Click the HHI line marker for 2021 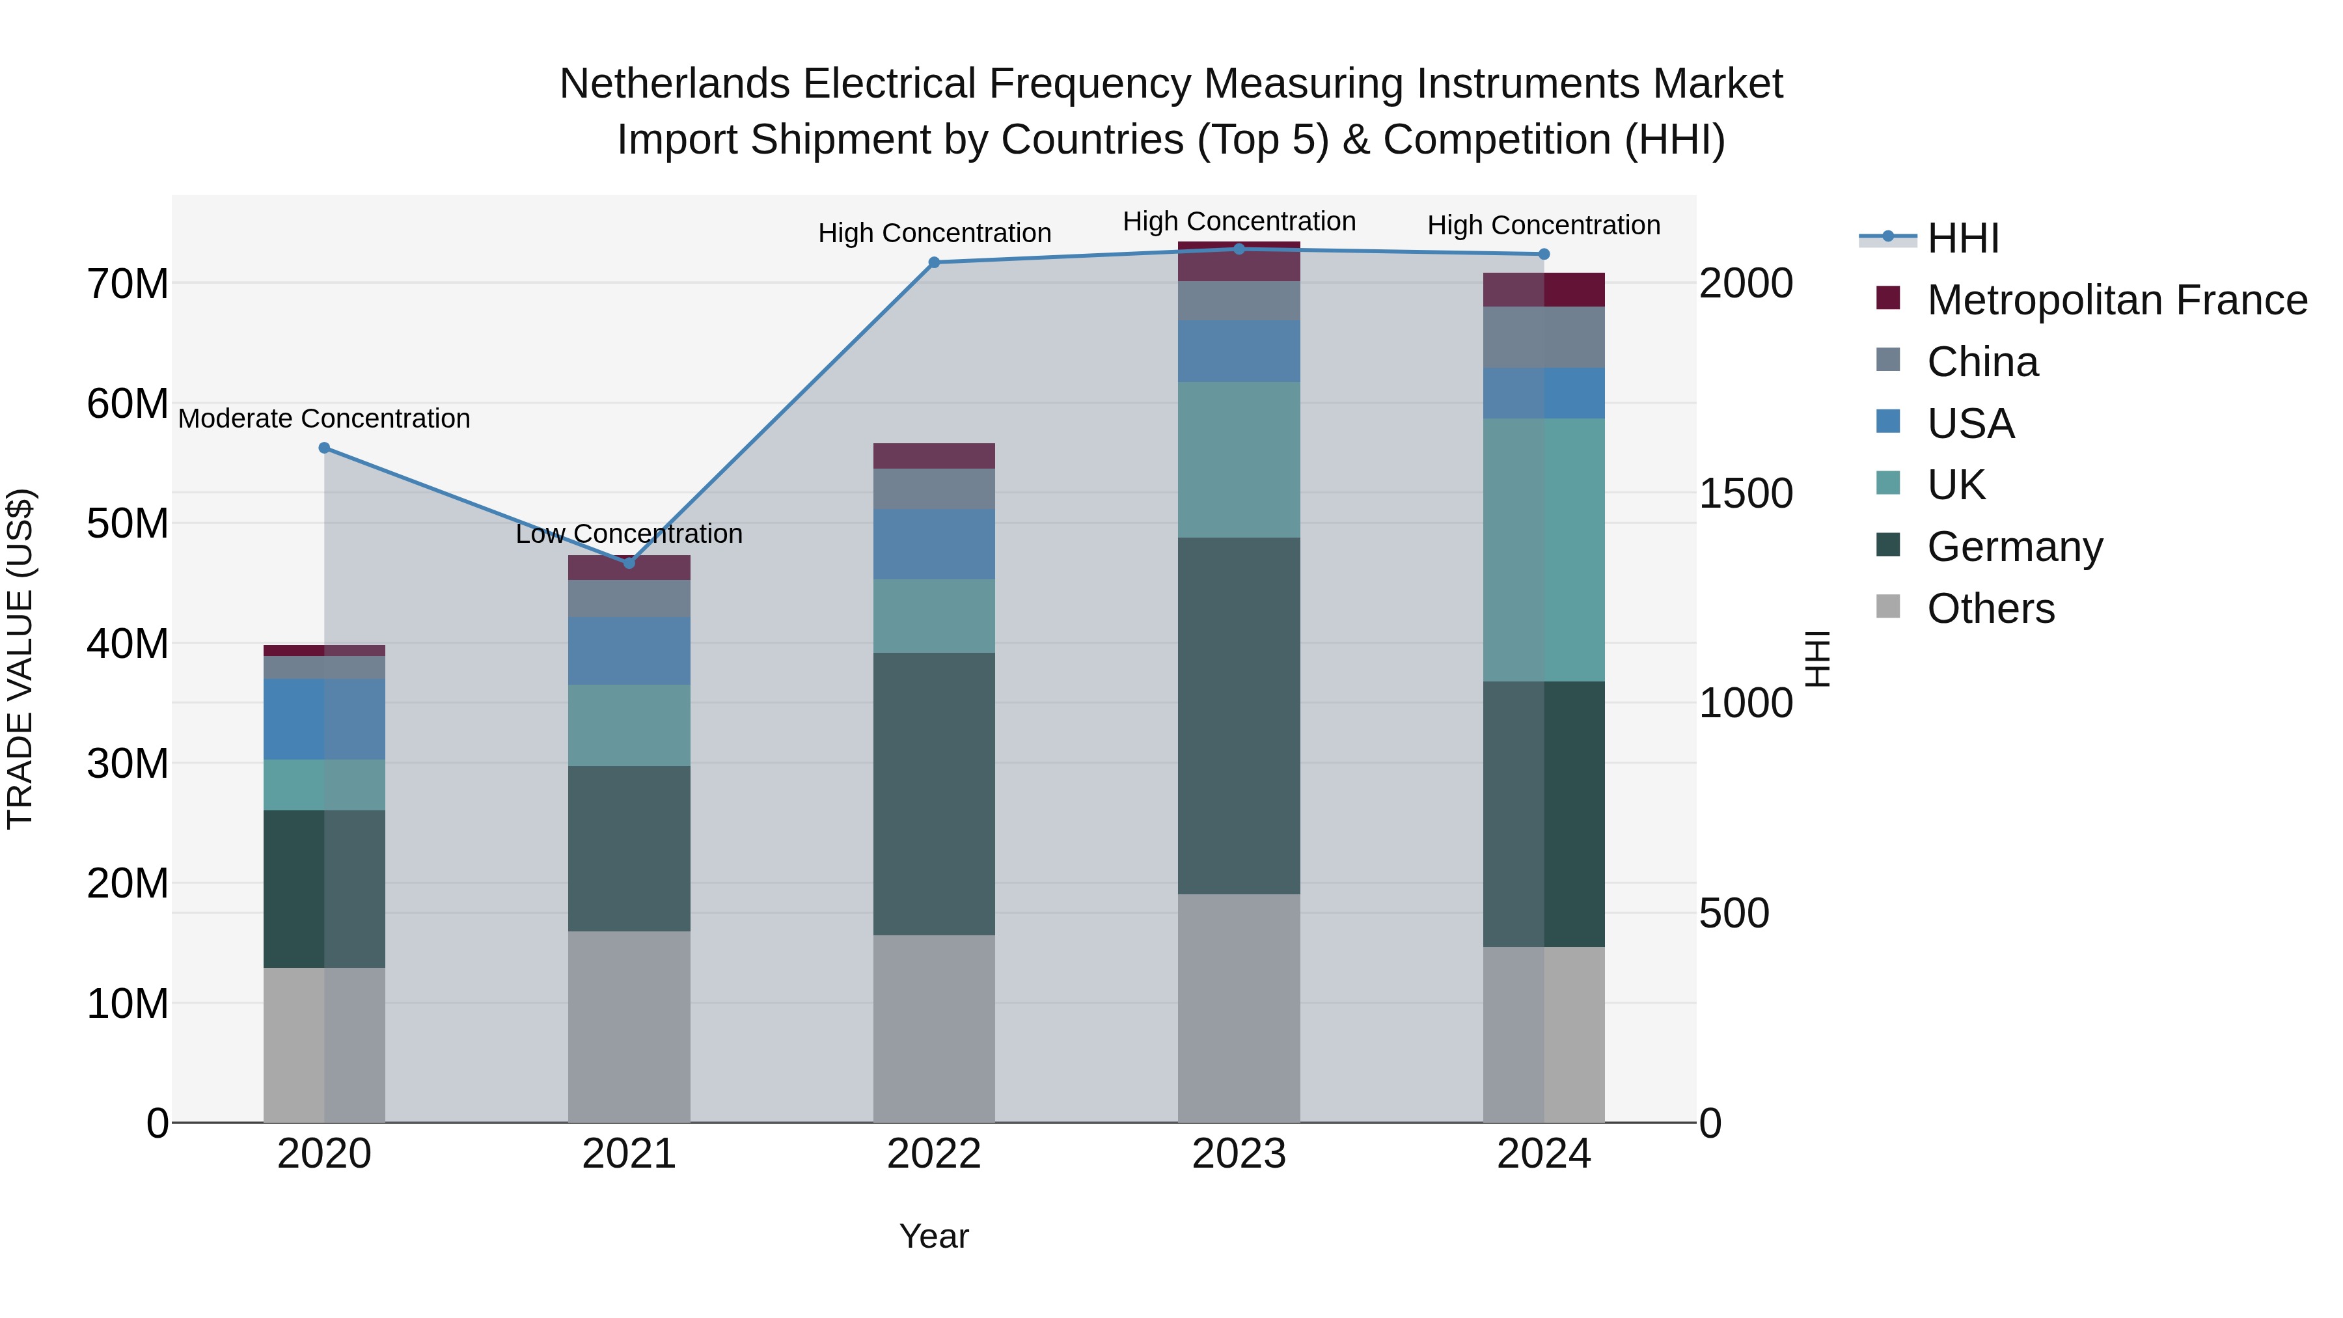(x=629, y=563)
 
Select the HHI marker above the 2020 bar (x=325, y=448)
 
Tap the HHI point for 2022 (x=934, y=263)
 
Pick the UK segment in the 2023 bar (x=1239, y=460)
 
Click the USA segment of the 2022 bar (x=934, y=544)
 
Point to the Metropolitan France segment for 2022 (x=934, y=456)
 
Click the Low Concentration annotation (x=629, y=534)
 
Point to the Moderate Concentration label (x=325, y=419)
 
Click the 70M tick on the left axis (x=128, y=284)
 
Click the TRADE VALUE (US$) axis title (x=20, y=659)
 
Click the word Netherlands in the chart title (x=675, y=84)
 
